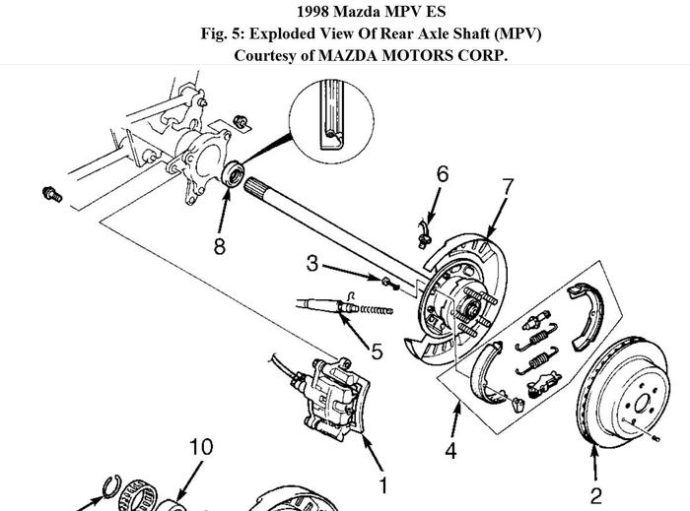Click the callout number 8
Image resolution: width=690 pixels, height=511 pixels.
point(220,245)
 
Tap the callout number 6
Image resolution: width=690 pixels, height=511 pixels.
point(443,174)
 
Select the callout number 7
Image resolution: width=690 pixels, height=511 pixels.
point(508,186)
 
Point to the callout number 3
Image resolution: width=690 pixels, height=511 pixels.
point(312,263)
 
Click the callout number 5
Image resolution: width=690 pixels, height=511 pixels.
point(378,349)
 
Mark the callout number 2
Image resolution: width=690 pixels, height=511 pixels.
point(595,495)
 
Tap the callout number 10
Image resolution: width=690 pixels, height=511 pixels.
point(200,448)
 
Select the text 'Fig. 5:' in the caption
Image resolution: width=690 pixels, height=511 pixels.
point(224,33)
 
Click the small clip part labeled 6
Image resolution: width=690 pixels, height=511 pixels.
point(427,228)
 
